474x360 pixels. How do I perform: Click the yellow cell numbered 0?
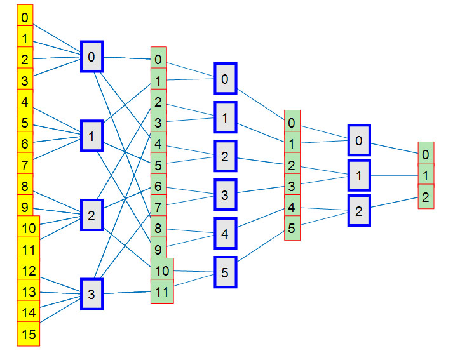[25, 18]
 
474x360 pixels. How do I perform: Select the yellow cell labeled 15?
[29, 333]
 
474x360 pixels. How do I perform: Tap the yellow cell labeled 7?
[25, 164]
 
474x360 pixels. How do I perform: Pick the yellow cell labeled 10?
[29, 228]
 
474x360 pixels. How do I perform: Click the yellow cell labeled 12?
[29, 270]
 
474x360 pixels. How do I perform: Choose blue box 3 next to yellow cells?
[92, 294]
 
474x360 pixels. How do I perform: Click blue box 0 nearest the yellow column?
[91, 57]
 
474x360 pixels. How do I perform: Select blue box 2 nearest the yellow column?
[91, 215]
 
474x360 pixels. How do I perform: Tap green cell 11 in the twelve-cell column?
[161, 292]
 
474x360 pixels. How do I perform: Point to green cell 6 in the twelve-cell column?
[158, 187]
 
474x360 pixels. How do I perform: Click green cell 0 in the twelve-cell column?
[158, 60]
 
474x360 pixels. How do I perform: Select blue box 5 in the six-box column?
[225, 272]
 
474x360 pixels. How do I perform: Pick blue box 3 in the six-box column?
[225, 195]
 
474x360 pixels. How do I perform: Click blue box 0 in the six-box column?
[225, 79]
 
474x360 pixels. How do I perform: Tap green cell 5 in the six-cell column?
[292, 227]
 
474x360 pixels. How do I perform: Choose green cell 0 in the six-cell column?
[292, 123]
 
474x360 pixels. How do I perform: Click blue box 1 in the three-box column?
[359, 176]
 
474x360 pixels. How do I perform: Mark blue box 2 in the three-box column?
[359, 211]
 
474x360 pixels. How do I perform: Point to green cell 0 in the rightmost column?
[426, 154]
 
